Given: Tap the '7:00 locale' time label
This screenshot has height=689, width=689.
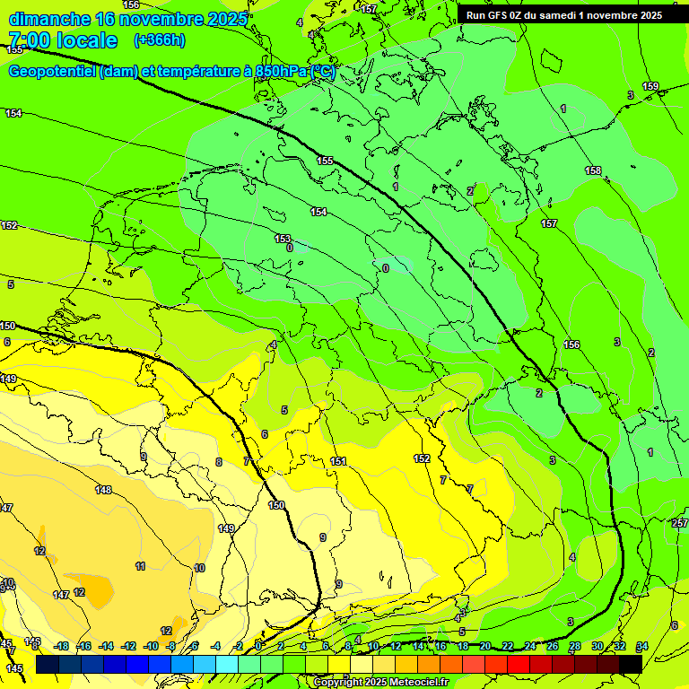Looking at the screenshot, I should [x=63, y=40].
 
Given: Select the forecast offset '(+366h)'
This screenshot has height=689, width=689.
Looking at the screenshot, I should [x=160, y=40].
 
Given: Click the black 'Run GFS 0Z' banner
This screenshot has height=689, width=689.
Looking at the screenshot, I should [x=564, y=15].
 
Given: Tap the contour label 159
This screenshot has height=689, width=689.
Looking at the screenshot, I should [x=650, y=87].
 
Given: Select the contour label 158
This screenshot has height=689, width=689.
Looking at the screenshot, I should [x=593, y=170].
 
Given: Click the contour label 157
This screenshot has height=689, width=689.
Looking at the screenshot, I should [x=549, y=223].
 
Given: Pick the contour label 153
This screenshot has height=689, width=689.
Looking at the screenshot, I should [x=283, y=240].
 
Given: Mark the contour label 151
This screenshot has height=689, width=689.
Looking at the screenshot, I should [x=338, y=461].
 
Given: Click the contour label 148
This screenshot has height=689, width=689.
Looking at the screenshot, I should [x=104, y=490].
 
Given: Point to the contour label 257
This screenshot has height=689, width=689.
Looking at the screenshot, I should [x=679, y=523].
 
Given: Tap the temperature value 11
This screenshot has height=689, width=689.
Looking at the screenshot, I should [x=141, y=566].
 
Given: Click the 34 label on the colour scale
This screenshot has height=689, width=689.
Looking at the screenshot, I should [x=641, y=646].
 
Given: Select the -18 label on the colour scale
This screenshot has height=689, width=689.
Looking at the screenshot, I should [x=61, y=646].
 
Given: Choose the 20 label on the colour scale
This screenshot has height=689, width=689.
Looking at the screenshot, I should [x=485, y=646].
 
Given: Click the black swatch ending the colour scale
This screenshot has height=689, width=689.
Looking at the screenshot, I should [x=631, y=664].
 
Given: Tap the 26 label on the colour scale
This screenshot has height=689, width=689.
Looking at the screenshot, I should [x=552, y=646].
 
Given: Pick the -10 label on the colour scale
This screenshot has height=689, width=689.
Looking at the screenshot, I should [x=151, y=646].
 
